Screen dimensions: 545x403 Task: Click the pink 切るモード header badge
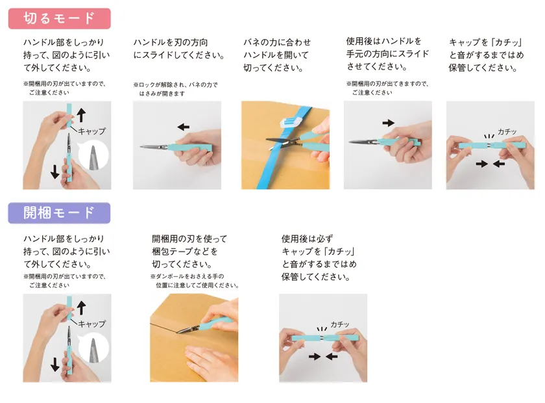(60, 18)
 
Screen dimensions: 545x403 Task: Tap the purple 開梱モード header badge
(60, 213)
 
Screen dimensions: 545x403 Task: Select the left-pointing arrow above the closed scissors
(183, 127)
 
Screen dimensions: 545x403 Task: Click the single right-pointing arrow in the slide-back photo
(388, 123)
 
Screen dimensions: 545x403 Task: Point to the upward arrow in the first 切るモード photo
(81, 115)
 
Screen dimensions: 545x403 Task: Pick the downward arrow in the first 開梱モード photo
(55, 364)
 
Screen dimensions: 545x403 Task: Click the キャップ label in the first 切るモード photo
(91, 131)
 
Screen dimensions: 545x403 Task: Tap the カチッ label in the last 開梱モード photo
(340, 324)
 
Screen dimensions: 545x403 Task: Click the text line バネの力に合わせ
(277, 42)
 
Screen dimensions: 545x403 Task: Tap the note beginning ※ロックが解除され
(176, 89)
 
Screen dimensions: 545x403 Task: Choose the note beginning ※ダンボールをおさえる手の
(195, 281)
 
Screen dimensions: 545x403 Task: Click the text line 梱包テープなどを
(185, 251)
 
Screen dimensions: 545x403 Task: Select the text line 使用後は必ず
(308, 239)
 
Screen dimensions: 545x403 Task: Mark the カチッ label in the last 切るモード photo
(507, 132)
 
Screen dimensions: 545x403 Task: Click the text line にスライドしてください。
(179, 55)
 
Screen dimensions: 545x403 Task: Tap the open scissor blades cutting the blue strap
(282, 142)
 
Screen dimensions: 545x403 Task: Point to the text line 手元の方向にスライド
(387, 54)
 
